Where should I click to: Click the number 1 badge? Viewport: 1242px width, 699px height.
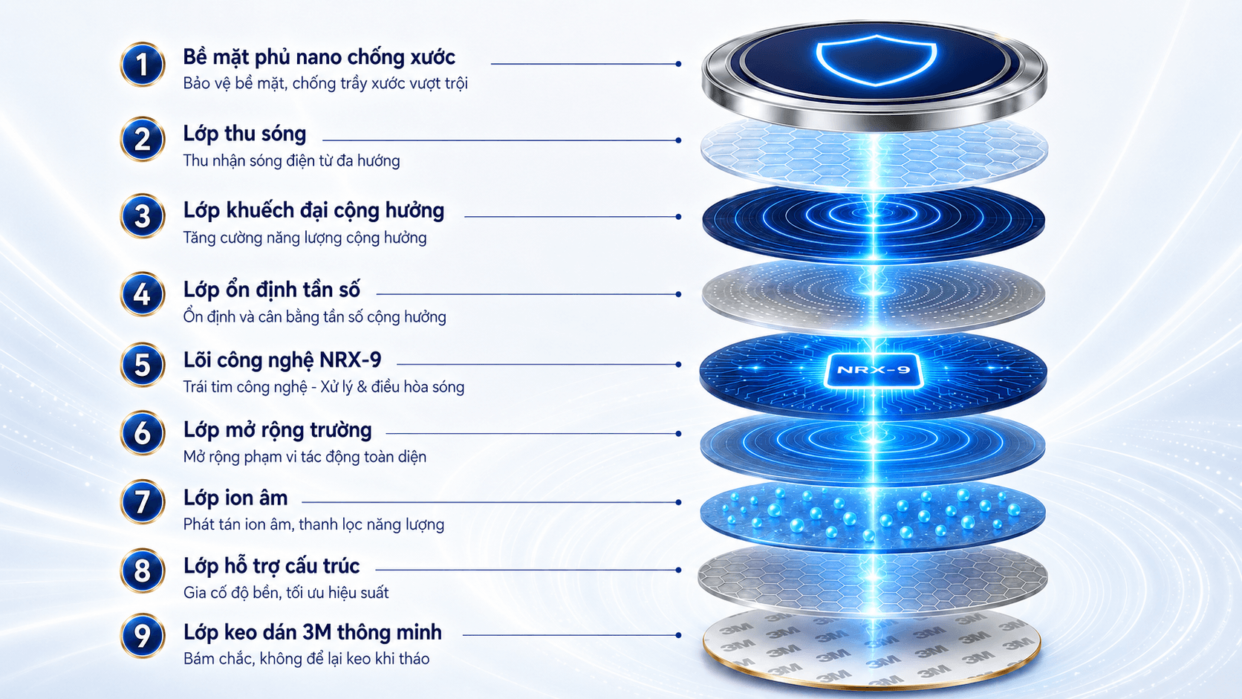click(143, 65)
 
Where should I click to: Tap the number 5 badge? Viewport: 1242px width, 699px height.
click(143, 365)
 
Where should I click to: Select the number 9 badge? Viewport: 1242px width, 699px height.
click(143, 635)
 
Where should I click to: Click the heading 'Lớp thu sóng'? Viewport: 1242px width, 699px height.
click(244, 134)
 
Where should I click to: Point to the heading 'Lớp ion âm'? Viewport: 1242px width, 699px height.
click(235, 498)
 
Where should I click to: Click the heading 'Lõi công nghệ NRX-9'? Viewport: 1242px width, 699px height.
click(282, 360)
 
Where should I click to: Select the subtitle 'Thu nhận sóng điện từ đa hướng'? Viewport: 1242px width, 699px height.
click(292, 160)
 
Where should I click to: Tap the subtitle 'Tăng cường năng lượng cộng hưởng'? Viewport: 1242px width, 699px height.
click(305, 238)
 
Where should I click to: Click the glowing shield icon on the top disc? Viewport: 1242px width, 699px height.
click(876, 60)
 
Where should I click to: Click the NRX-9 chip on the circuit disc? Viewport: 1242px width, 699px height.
click(874, 370)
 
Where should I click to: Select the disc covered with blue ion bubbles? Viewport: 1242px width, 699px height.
click(873, 515)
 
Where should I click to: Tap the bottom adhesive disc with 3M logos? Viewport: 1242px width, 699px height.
click(871, 648)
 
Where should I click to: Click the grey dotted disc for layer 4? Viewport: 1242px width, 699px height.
click(874, 296)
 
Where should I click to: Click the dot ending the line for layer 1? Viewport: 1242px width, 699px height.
click(678, 64)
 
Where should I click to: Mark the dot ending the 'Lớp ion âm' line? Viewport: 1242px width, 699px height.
click(678, 502)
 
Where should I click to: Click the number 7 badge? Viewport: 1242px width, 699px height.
click(143, 501)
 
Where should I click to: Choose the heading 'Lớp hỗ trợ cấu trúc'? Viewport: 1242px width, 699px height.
click(272, 566)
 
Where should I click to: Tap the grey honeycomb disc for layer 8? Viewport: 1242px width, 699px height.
click(873, 580)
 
